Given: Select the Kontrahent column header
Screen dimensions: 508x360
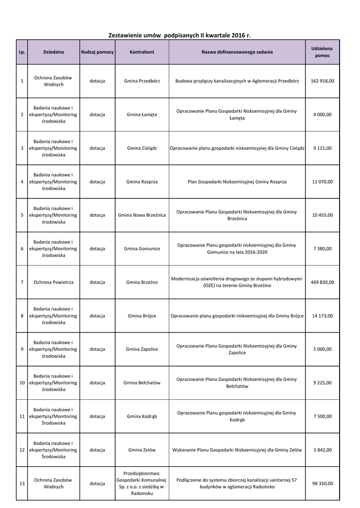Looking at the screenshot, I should click(142, 52).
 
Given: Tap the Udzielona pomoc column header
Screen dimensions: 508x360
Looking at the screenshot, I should click(322, 52).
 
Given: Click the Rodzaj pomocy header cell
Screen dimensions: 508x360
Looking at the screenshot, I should click(97, 52).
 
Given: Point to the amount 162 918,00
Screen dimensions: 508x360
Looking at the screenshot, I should click(323, 81).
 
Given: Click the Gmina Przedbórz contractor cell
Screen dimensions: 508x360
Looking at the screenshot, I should click(142, 81).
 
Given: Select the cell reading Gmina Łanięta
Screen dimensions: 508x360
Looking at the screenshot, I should click(142, 115).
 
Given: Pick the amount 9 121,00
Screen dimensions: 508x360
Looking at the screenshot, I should click(323, 148).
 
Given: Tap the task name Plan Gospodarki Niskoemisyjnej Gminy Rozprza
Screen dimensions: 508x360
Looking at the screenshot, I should click(237, 182).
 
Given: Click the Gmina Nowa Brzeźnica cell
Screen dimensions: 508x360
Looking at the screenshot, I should click(142, 215).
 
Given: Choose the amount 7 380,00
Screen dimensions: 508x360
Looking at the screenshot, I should click(323, 249).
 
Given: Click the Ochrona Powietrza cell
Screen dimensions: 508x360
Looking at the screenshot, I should click(53, 282).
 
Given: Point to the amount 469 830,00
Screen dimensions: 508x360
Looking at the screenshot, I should click(323, 282).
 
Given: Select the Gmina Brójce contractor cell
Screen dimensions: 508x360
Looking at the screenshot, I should click(142, 316).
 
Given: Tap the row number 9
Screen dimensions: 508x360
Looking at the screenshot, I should click(22, 349).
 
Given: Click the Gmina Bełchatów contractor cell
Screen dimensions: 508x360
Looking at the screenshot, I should click(142, 382).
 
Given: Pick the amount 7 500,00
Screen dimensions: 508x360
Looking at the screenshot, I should click(323, 416).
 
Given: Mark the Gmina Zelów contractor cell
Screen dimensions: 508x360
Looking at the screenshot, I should click(142, 450).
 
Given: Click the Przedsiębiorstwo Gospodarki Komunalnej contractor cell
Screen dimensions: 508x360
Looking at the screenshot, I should click(142, 483).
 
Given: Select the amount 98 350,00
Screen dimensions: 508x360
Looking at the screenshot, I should click(323, 483).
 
